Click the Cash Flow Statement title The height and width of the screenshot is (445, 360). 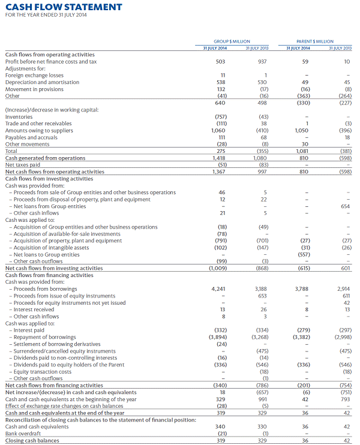(63, 7)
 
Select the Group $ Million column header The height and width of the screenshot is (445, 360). (232, 41)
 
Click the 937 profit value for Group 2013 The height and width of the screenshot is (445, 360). (262, 61)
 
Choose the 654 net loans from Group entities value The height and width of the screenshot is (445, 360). (345, 206)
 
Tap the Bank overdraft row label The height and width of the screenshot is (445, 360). (22, 433)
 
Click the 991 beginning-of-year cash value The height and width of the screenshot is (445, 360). (262, 399)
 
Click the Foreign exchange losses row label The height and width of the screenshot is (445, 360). (34, 75)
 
